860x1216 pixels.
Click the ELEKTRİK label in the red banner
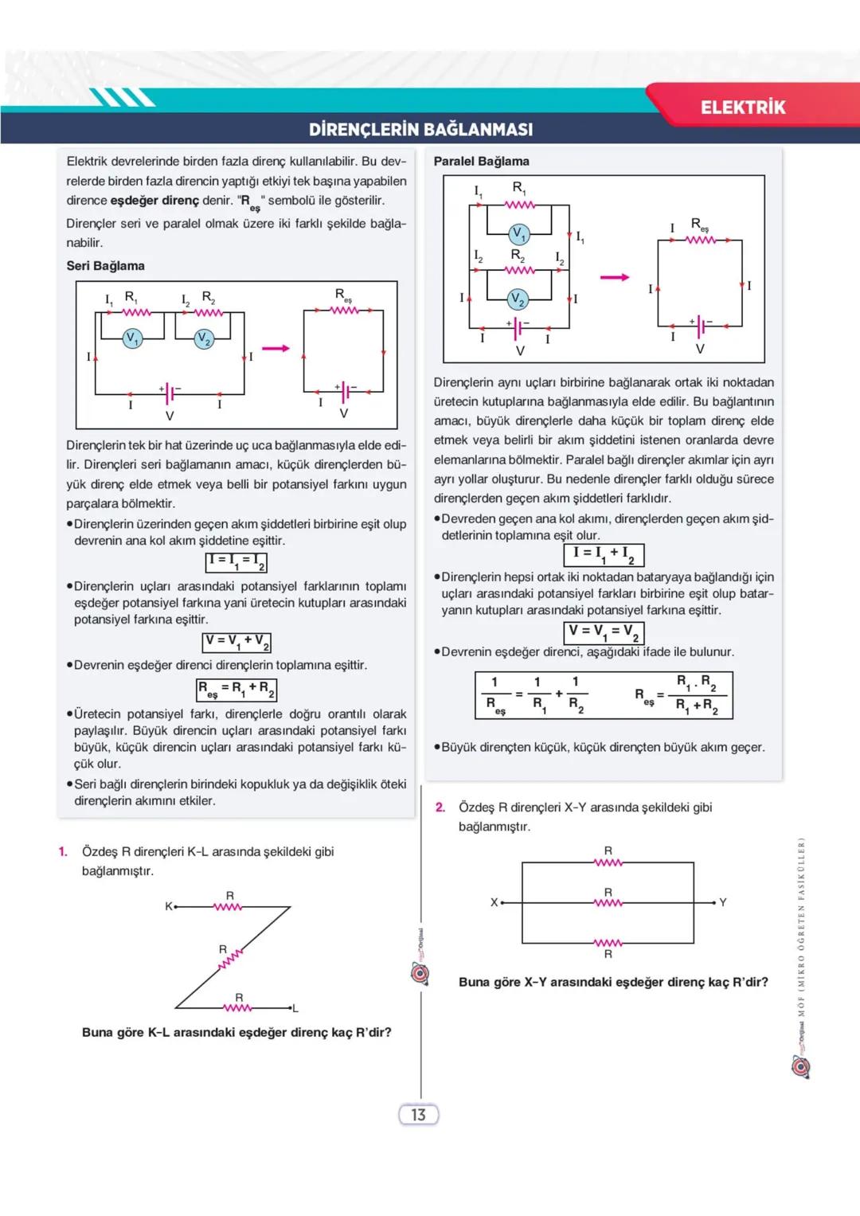coord(742,108)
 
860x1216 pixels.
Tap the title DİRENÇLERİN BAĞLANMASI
coord(420,129)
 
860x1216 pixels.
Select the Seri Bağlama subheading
coord(105,266)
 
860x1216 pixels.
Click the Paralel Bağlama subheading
coord(481,161)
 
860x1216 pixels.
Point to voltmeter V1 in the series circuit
coord(132,338)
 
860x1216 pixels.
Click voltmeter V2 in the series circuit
coord(205,338)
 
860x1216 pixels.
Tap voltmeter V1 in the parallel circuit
coord(519,234)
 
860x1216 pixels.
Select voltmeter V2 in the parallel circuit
coord(518,299)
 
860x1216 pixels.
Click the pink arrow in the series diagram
coord(276,348)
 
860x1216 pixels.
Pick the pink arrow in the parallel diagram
coord(614,277)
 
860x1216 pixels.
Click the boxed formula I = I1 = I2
coord(236,562)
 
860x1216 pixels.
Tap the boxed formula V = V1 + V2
coord(237,642)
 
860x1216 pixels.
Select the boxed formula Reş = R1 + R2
coord(236,689)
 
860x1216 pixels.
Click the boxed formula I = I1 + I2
coord(604,554)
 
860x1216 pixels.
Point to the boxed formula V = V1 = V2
coord(604,632)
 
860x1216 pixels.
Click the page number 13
coord(418,1115)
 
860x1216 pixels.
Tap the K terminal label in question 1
coord(169,906)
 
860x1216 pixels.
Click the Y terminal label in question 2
coord(723,902)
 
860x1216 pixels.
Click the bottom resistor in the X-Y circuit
coord(608,944)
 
